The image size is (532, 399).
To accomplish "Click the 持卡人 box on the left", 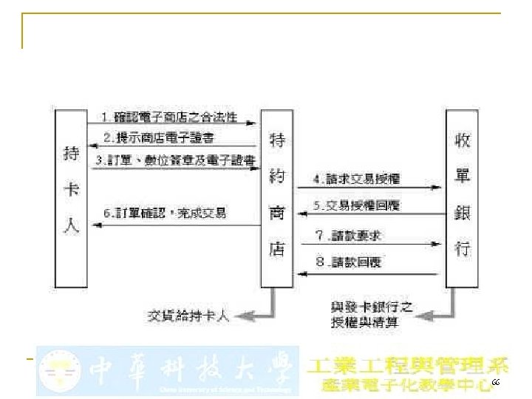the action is pyautogui.click(x=72, y=197).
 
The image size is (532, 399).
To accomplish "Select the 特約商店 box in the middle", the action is pyautogui.click(x=277, y=197).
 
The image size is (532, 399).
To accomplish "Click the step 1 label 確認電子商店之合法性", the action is pyautogui.click(x=180, y=117).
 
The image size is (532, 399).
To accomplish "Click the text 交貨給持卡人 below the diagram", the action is pyautogui.click(x=189, y=316).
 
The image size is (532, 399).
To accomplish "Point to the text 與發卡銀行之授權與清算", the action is pyautogui.click(x=371, y=313).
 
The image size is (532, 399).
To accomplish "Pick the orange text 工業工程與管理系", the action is pyautogui.click(x=408, y=364).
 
